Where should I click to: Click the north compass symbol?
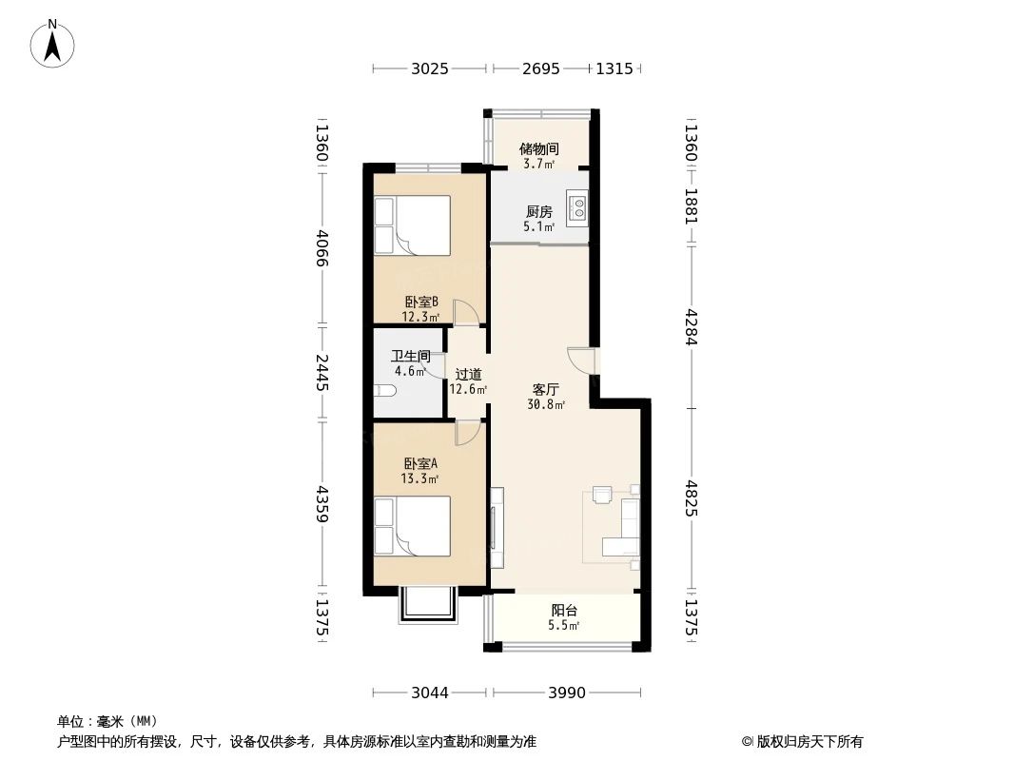(x=53, y=44)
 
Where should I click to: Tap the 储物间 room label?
(x=538, y=149)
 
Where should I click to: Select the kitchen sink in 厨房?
(x=577, y=207)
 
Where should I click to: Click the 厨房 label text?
(x=538, y=212)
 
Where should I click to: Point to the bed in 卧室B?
(x=411, y=225)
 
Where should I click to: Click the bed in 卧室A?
(x=411, y=526)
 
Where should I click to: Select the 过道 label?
(x=468, y=375)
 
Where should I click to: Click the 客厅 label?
(x=545, y=389)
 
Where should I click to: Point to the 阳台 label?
(x=564, y=611)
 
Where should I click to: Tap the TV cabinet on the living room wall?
(x=496, y=518)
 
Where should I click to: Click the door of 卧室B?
(x=466, y=313)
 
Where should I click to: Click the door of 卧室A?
(x=466, y=433)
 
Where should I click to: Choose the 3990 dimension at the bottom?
(x=567, y=693)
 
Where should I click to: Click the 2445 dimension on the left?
(x=322, y=372)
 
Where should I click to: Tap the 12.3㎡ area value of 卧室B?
(x=420, y=317)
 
